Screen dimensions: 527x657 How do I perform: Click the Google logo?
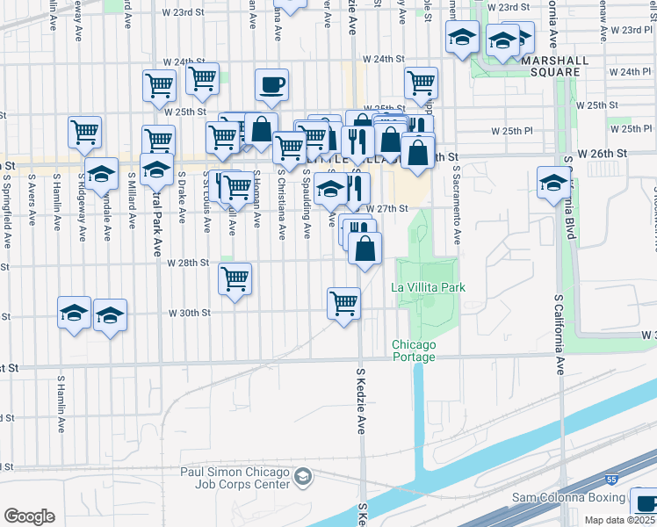coord(29,516)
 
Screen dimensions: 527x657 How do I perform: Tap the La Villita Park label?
coord(428,287)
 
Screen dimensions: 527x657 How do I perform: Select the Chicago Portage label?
coord(414,350)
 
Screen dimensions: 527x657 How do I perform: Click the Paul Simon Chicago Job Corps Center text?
coord(235,479)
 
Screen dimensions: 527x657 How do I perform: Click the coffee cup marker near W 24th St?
coord(271,86)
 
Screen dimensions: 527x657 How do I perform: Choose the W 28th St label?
coord(187,263)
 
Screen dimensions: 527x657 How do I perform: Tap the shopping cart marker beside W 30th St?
coord(343,303)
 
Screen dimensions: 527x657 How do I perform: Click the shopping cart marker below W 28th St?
coord(235,279)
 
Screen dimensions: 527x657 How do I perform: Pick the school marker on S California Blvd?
coord(553,183)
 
